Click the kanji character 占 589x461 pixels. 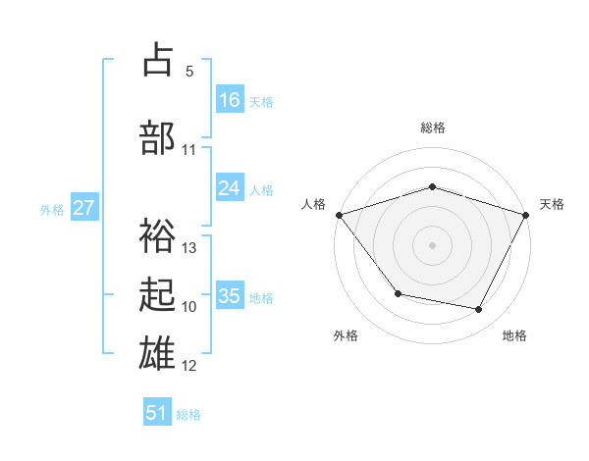(x=157, y=61)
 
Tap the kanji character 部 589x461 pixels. (x=157, y=137)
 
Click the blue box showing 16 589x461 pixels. (x=230, y=99)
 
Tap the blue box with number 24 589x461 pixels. (x=230, y=188)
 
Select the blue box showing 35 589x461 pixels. (x=230, y=296)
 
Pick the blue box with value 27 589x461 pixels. (x=84, y=208)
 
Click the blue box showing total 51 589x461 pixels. (x=157, y=413)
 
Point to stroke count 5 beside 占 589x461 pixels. (x=189, y=72)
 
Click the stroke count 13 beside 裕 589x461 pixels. (x=189, y=247)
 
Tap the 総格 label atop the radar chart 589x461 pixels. (x=433, y=128)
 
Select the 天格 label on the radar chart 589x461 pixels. (x=552, y=204)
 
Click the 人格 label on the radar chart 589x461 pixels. (x=314, y=204)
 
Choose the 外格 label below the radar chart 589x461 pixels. (x=346, y=335)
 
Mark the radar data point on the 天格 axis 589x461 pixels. (x=527, y=215)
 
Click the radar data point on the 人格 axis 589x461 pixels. (x=339, y=215)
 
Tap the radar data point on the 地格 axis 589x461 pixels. (x=479, y=310)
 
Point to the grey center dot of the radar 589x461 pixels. (x=433, y=245)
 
